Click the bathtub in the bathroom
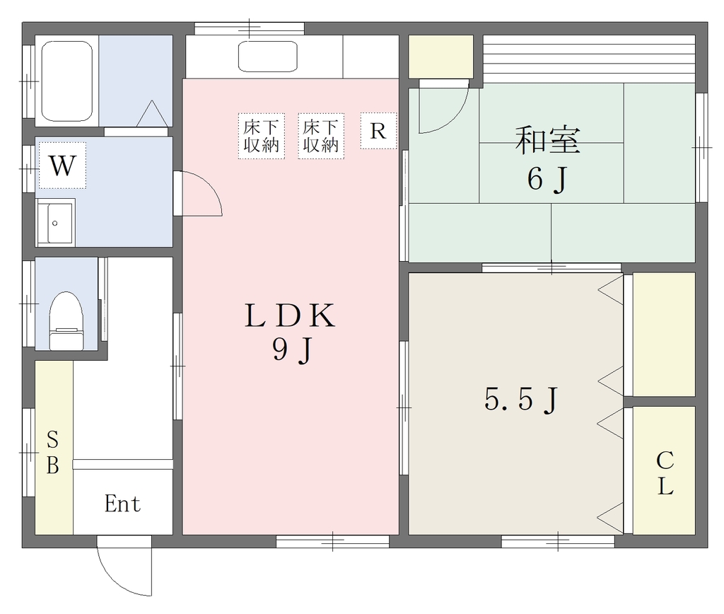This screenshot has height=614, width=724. click(67, 81)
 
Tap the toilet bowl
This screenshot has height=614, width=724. click(66, 320)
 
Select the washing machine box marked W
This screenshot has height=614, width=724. click(62, 165)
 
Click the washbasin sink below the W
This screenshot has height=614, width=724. click(55, 223)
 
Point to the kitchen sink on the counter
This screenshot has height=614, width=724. click(268, 57)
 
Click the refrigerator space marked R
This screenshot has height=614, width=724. click(378, 131)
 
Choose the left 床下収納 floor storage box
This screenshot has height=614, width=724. click(262, 136)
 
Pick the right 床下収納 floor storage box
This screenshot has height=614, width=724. click(321, 136)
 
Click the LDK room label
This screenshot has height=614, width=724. click(290, 315)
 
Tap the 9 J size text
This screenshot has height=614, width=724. click(293, 349)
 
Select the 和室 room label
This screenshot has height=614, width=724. click(548, 140)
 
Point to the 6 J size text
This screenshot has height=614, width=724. click(548, 179)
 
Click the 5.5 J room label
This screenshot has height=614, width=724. click(522, 399)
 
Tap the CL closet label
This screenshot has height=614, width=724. click(665, 473)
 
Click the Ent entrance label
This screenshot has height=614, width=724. click(122, 504)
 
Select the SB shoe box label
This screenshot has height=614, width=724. click(52, 452)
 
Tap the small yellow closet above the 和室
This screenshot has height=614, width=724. click(440, 57)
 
